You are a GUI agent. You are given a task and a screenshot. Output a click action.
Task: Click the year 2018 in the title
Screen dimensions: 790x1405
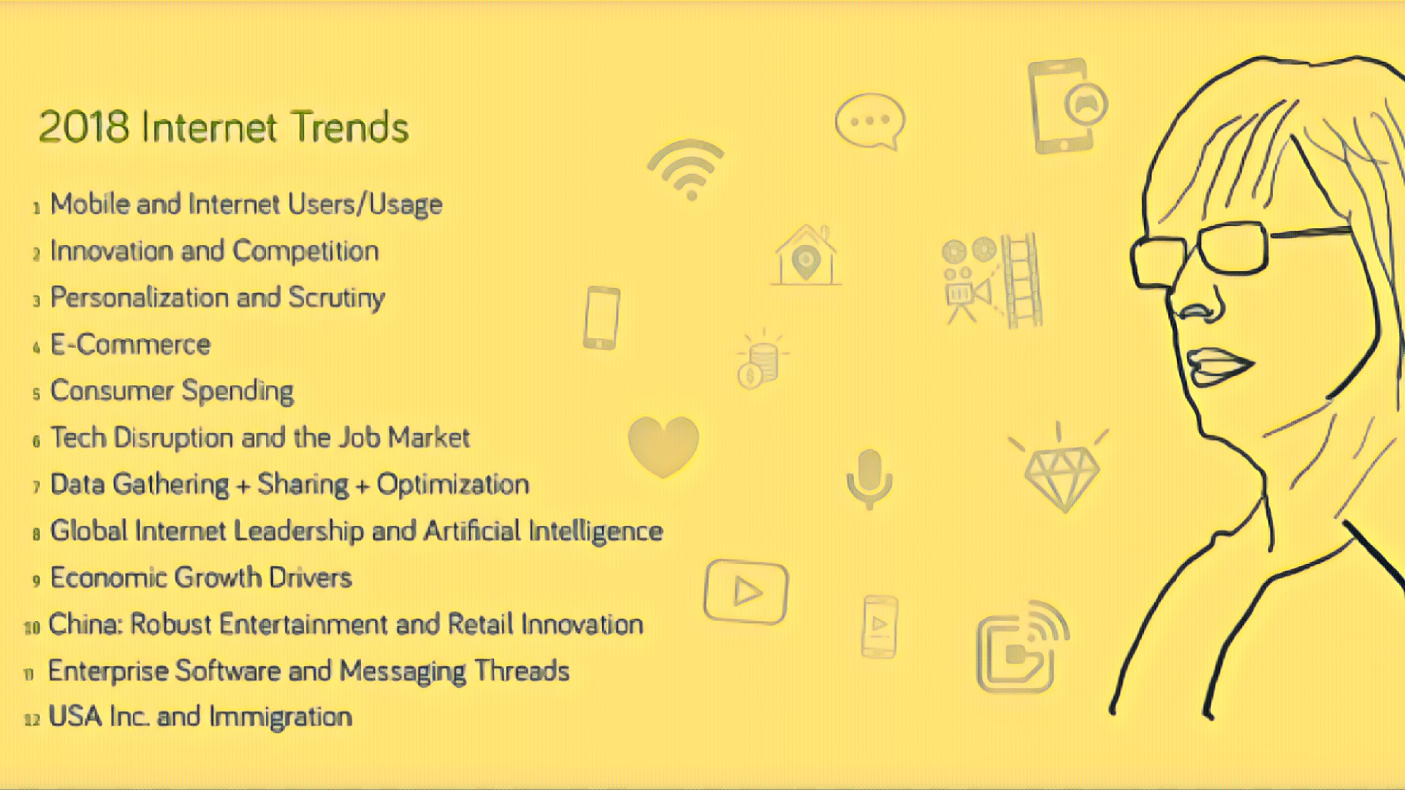pos(83,127)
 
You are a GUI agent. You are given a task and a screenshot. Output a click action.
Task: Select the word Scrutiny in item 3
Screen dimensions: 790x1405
pos(337,298)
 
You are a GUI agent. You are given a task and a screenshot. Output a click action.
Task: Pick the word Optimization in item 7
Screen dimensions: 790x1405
pos(453,485)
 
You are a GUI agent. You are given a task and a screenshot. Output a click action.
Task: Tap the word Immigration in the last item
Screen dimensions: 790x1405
pos(281,717)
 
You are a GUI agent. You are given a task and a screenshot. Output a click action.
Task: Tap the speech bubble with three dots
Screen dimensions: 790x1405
pos(870,122)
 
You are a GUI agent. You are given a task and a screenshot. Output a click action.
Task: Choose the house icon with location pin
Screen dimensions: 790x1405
pos(806,256)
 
